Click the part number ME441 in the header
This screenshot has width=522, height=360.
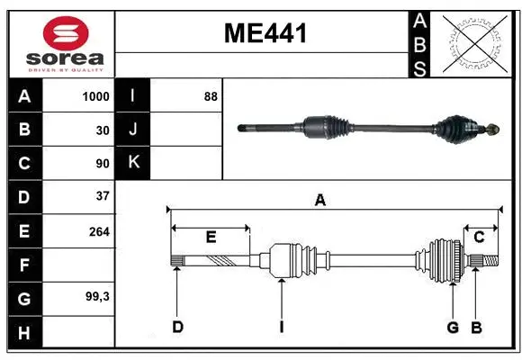coord(265,34)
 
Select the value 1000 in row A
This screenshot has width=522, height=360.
coord(95,96)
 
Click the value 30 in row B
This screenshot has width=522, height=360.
coord(102,130)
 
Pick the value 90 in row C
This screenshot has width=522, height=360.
coord(102,164)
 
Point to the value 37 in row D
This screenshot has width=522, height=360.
coord(102,196)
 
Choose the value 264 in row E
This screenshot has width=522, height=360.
coord(99,231)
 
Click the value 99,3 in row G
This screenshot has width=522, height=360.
coord(96,296)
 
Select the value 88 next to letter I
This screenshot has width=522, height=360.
coord(211,96)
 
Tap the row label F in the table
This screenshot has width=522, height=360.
coord(24,265)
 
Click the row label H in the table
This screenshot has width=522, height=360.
coord(24,333)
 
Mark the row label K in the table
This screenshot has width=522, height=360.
coord(133,163)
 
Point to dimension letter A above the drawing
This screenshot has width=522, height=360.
coord(319,201)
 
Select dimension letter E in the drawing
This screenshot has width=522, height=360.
coord(211,237)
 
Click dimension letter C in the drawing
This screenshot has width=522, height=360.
coord(480,237)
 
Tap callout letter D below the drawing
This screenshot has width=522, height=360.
coord(177,327)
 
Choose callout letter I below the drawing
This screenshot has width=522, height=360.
coord(281,327)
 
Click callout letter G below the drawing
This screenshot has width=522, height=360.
coord(453,327)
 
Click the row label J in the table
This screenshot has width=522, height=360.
coord(133,130)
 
